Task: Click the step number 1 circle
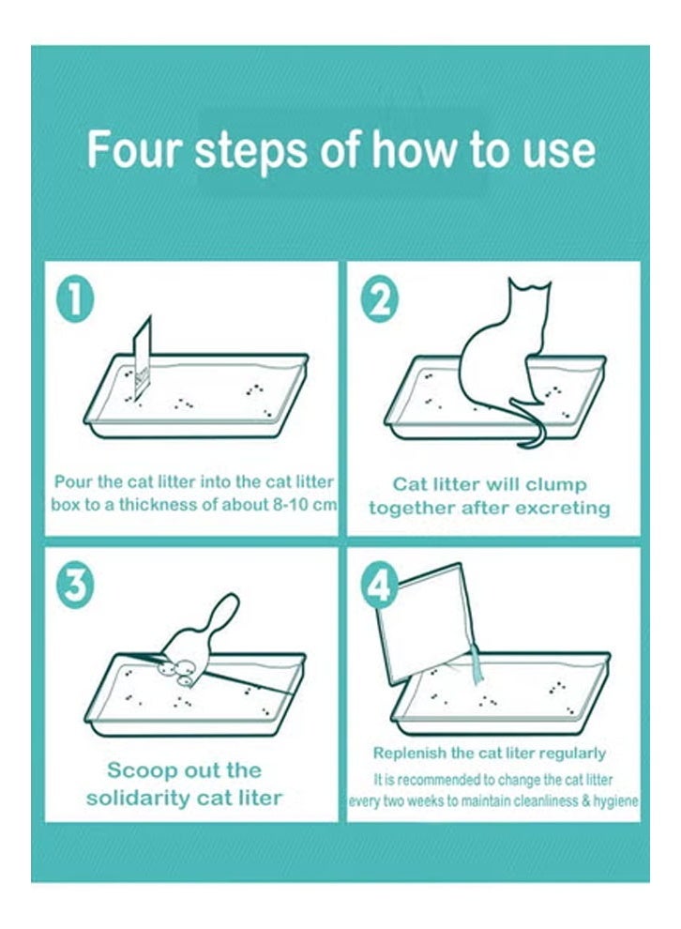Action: pos(75,300)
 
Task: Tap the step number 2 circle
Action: pos(380,301)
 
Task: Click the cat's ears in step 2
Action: pos(531,286)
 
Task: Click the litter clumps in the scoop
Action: pos(177,672)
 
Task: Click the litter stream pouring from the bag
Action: pos(477,664)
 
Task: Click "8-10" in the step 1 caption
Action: pos(290,505)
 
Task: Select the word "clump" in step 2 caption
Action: pos(555,484)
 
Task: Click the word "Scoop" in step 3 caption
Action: pos(143,770)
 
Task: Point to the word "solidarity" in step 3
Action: pos(138,798)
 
